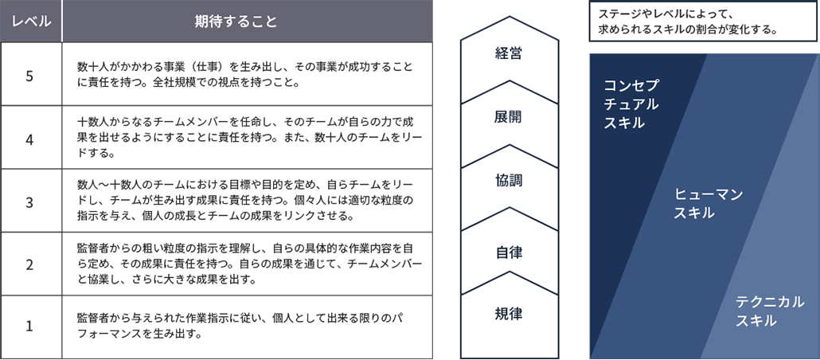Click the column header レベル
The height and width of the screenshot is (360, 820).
[x=31, y=21]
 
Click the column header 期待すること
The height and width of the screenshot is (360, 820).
[x=248, y=21]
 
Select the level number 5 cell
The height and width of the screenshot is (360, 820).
[x=31, y=74]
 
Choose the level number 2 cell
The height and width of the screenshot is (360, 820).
[x=31, y=264]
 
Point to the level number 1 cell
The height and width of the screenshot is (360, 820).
[x=31, y=327]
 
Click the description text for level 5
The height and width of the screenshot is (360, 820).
[x=244, y=74]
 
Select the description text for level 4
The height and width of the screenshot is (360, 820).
[x=249, y=137]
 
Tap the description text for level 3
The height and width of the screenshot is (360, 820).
[x=249, y=201]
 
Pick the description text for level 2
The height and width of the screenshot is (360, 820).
[x=249, y=264]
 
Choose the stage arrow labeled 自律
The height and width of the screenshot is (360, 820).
[x=508, y=253]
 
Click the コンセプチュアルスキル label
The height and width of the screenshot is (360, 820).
[x=631, y=104]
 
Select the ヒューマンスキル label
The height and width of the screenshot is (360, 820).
[x=709, y=204]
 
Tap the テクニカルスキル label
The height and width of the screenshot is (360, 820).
[x=770, y=311]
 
